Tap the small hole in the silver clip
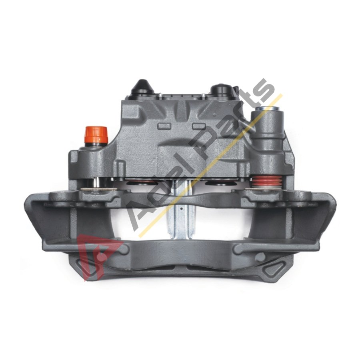coord(181,209)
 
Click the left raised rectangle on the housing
coord(164,126)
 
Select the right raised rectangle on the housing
coord(199,126)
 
